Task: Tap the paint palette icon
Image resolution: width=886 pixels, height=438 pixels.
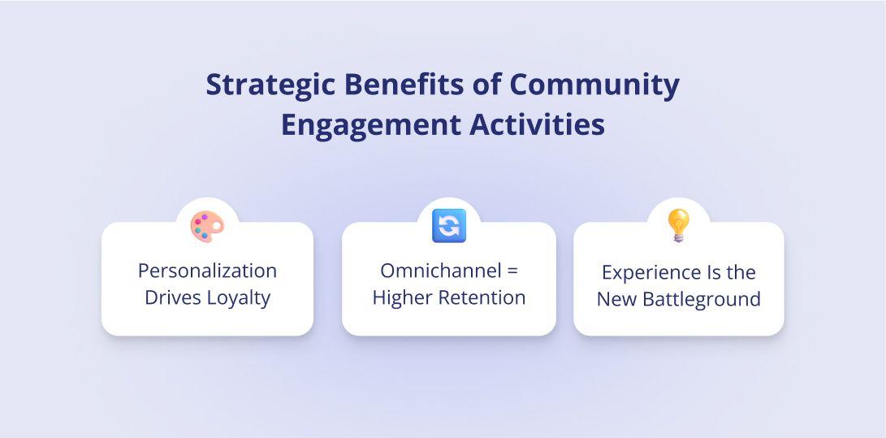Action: click(207, 227)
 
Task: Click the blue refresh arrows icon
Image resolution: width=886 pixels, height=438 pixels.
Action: click(448, 225)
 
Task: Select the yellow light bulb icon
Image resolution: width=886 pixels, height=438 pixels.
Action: click(678, 225)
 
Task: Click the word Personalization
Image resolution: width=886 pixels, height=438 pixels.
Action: click(207, 271)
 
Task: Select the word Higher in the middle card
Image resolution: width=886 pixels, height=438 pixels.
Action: click(401, 297)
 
